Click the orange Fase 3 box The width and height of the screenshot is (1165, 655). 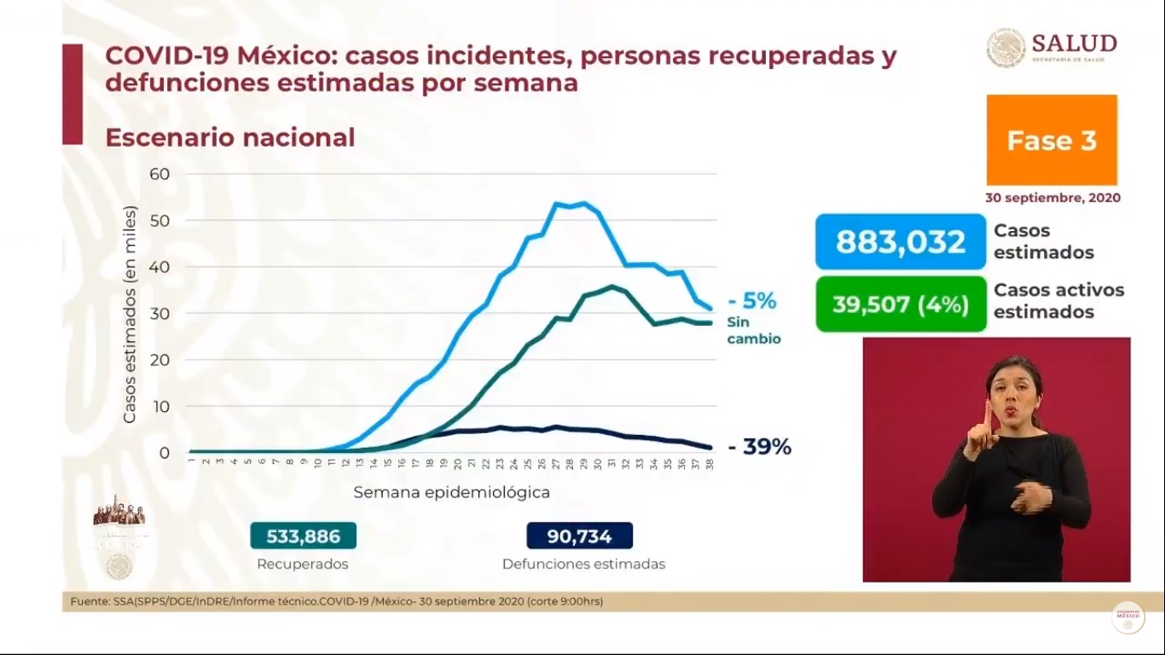pyautogui.click(x=1052, y=140)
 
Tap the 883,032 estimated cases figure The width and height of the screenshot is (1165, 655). pyautogui.click(x=900, y=242)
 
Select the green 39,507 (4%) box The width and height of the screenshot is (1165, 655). pyautogui.click(x=900, y=304)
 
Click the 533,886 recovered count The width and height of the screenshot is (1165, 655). pyautogui.click(x=303, y=536)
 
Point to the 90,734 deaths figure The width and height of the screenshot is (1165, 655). pyautogui.click(x=580, y=536)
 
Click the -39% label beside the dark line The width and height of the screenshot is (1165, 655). pyautogui.click(x=759, y=446)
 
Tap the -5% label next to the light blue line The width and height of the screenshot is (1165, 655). pyautogui.click(x=751, y=301)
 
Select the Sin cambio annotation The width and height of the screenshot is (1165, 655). pyautogui.click(x=753, y=330)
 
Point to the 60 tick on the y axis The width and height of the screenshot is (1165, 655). pyautogui.click(x=159, y=174)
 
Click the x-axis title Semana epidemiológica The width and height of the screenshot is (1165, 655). pyautogui.click(x=451, y=492)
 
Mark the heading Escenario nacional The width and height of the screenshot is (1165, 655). pyautogui.click(x=229, y=137)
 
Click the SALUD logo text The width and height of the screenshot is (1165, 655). pyautogui.click(x=1073, y=43)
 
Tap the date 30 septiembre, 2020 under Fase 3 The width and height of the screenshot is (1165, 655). pyautogui.click(x=1052, y=198)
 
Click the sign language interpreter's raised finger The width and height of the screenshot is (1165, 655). pyautogui.click(x=985, y=416)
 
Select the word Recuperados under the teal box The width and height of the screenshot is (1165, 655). pyautogui.click(x=303, y=564)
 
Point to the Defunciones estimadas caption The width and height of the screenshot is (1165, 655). pyautogui.click(x=583, y=564)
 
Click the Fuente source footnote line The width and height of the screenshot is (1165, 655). pyautogui.click(x=337, y=601)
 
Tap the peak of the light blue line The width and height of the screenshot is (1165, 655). pyautogui.click(x=582, y=203)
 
